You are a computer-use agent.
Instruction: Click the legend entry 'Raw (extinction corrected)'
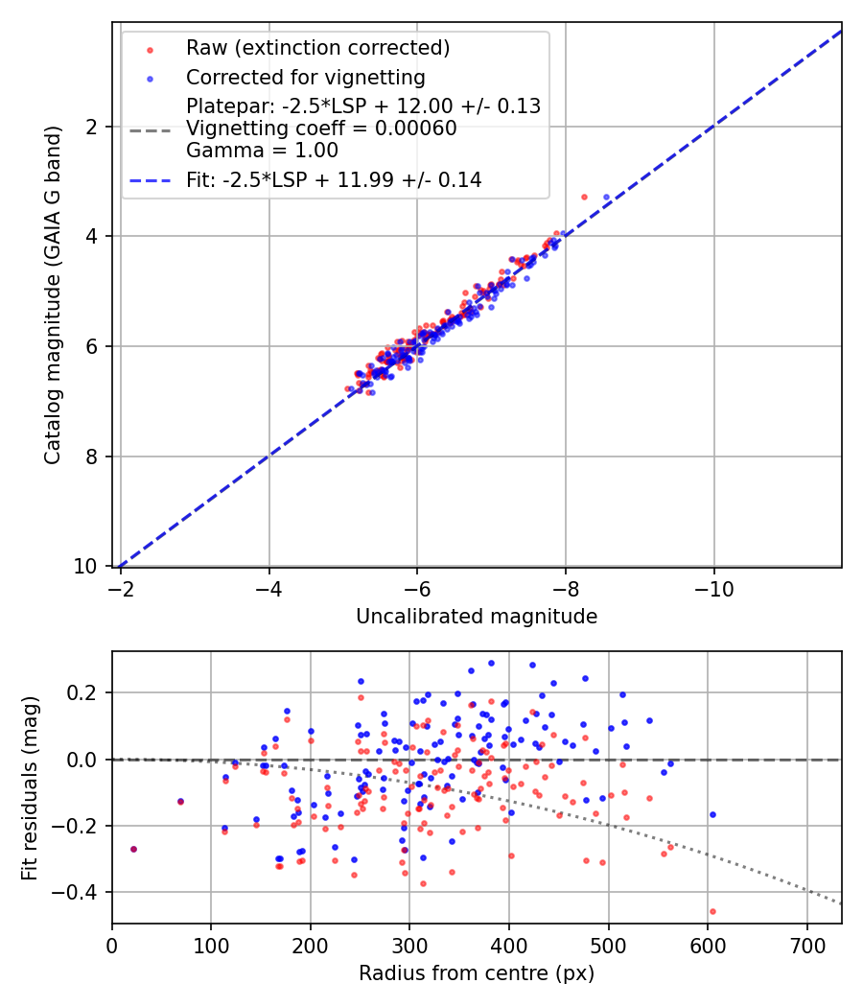pos(317,48)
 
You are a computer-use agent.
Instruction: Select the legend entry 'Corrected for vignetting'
pos(306,78)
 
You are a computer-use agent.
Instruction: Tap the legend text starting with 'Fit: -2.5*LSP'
pos(334,180)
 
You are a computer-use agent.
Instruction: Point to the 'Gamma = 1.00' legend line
pos(262,151)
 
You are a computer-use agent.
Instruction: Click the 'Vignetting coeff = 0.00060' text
pos(321,129)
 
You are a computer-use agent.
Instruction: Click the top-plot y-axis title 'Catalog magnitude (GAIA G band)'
pos(53,294)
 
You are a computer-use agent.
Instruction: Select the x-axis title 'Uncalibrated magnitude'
pos(477,617)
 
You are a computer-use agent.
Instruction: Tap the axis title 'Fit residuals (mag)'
pos(30,788)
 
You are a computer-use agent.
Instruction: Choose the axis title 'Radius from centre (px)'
pos(477,973)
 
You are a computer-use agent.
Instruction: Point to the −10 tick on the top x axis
pos(714,589)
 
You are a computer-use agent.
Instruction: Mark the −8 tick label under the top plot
pos(566,589)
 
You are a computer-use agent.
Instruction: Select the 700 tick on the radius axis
pos(807,946)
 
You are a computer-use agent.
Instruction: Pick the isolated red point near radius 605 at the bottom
pos(712,911)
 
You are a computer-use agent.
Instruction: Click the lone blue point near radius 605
pos(712,814)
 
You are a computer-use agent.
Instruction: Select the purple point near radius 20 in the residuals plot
pos(133,849)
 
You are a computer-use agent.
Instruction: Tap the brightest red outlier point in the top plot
pos(584,198)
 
